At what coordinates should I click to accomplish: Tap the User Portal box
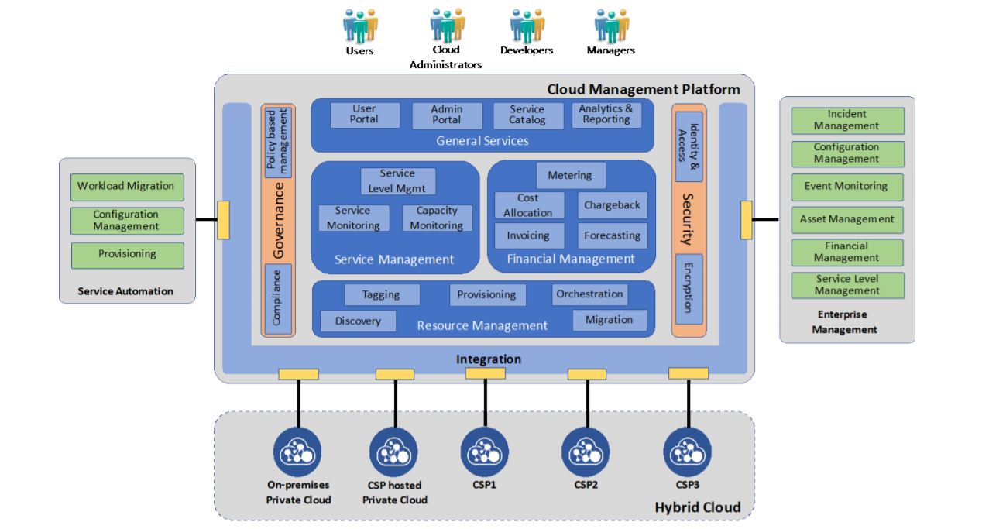(365, 115)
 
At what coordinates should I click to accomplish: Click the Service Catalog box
(527, 115)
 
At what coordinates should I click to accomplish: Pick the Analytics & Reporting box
(606, 115)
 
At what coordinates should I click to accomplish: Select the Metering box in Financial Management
(569, 175)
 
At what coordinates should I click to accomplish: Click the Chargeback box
(612, 205)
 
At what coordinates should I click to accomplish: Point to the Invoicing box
(528, 235)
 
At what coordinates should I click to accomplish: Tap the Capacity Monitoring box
(437, 218)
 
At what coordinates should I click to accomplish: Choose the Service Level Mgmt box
(397, 181)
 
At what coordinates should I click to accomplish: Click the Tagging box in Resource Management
(381, 294)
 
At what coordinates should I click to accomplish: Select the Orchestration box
(589, 294)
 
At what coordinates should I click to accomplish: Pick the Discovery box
(358, 321)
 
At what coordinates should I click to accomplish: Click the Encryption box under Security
(689, 288)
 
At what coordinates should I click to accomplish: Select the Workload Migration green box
(127, 187)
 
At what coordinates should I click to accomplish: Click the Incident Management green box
(847, 120)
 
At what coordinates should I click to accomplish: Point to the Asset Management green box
(847, 220)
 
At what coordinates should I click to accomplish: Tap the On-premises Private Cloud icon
(297, 452)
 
